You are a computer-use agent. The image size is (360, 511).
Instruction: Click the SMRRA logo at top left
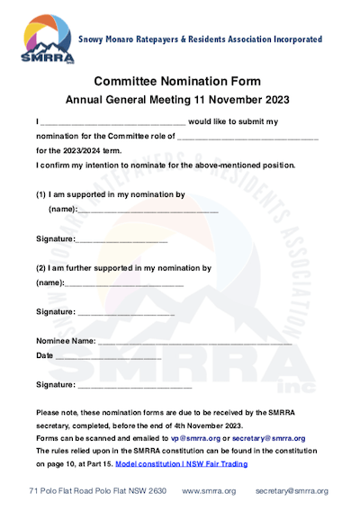coord(44,40)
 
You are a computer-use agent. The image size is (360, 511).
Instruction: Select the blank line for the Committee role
coord(247,136)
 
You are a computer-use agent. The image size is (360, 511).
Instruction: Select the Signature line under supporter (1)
coord(121,241)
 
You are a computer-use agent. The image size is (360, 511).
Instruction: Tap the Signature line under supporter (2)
coord(126,314)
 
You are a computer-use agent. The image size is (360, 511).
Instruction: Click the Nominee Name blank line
coord(194,344)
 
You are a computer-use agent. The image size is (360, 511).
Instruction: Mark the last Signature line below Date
coord(135,387)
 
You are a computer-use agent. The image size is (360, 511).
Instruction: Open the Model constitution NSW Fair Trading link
coord(181,464)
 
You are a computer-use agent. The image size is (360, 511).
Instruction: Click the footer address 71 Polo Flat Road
coord(98,491)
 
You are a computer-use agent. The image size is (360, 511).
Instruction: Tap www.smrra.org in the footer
coord(209,491)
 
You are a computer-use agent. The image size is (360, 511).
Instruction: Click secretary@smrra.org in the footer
coord(292,491)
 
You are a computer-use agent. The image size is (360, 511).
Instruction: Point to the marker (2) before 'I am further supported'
coord(41,268)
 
